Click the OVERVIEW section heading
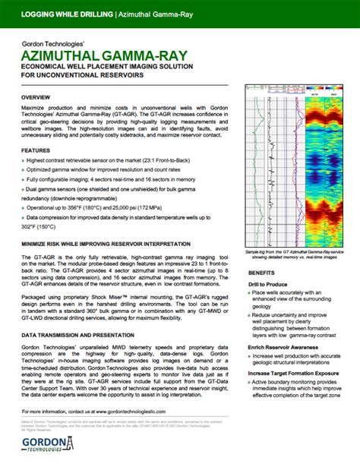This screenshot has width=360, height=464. [36, 99]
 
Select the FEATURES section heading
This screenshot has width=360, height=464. [36, 151]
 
